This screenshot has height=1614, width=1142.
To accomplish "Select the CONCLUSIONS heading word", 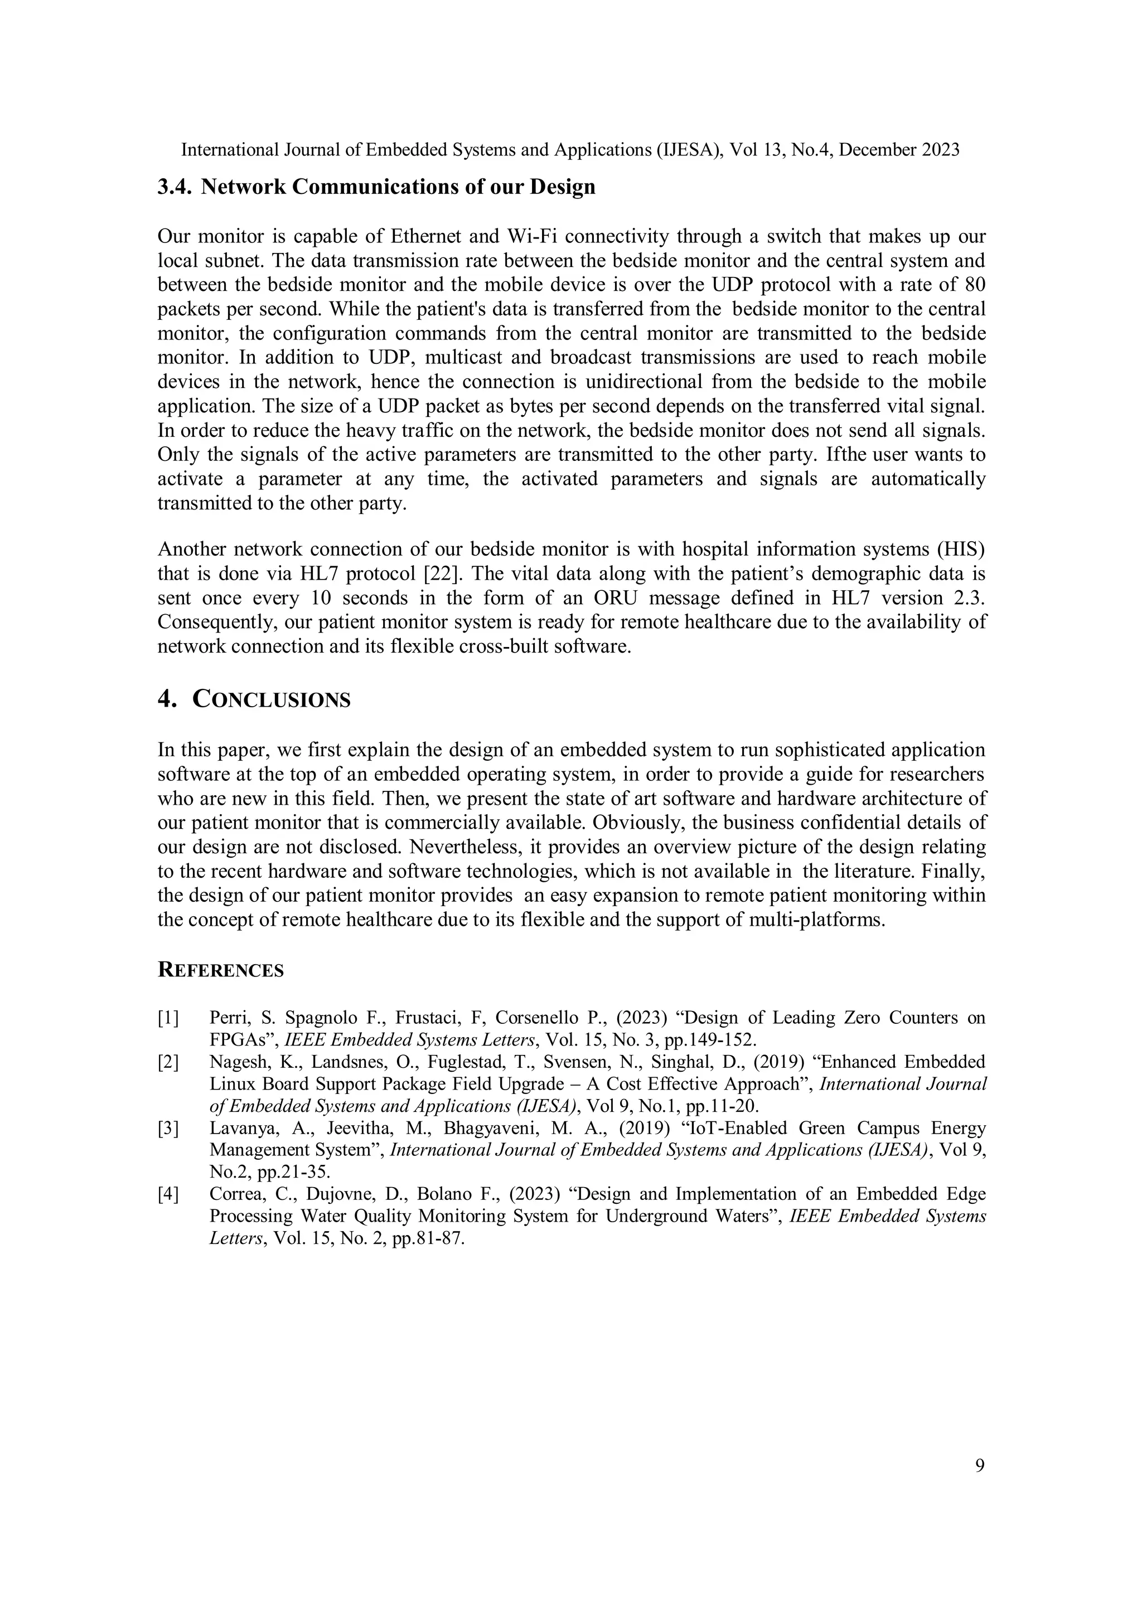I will click(271, 700).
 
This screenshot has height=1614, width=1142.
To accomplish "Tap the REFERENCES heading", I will click(220, 971).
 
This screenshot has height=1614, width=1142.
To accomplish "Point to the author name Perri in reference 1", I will click(226, 1018).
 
